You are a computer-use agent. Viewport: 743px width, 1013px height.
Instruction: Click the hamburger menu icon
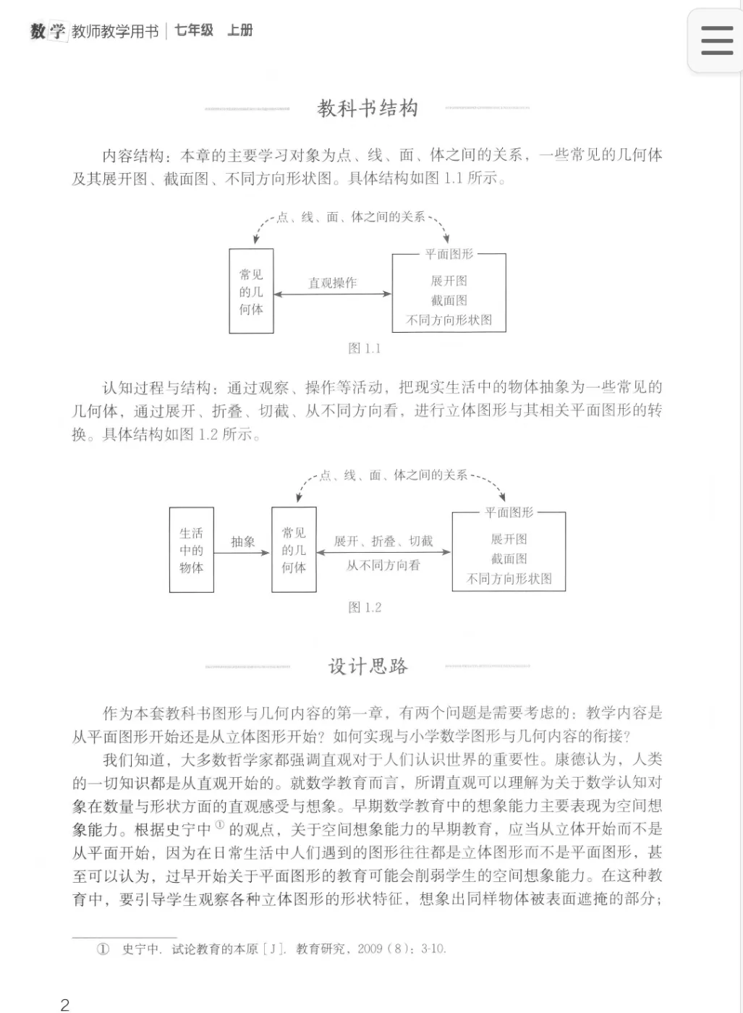pos(716,41)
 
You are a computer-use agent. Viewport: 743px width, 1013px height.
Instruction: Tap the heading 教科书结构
pos(368,109)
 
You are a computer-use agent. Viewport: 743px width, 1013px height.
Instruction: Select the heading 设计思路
pos(368,666)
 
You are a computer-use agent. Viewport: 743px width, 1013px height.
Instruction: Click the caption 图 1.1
pos(364,349)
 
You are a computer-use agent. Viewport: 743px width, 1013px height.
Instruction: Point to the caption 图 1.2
pos(364,608)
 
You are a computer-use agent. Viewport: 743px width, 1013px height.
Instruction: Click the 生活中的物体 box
pos(191,550)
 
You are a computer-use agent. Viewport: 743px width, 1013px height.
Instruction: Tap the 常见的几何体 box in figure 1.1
pos(251,292)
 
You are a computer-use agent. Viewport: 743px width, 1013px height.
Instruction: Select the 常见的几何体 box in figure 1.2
pos(294,550)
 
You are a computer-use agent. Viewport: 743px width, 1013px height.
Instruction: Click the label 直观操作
pos(333,283)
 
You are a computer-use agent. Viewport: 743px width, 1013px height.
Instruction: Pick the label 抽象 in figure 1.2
pos(243,542)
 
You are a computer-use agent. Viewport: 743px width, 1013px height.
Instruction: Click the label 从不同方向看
pos(383,565)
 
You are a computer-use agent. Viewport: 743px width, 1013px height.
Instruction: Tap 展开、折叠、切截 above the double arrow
pos(383,541)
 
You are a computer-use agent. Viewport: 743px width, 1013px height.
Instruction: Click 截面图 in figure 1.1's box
pos(449,300)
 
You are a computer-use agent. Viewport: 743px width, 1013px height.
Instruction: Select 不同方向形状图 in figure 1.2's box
pos(509,579)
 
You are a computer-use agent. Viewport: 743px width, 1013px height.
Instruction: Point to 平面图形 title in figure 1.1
pos(449,254)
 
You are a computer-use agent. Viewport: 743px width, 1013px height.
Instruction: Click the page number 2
pos(65,1004)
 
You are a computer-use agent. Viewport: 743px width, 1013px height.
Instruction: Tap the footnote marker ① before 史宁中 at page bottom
pos(103,949)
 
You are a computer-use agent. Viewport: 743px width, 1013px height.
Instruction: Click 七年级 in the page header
pos(194,30)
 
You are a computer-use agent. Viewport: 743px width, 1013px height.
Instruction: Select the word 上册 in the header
pos(239,30)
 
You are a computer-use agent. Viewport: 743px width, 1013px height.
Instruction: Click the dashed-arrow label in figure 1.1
pos(352,217)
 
